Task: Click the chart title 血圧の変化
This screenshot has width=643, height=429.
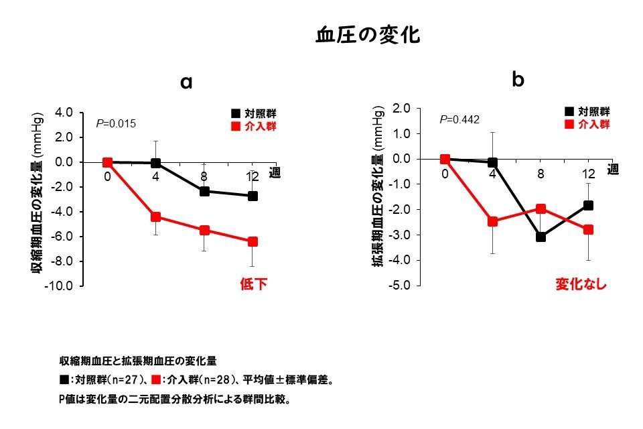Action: tap(368, 36)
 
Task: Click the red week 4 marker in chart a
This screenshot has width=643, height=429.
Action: tap(155, 217)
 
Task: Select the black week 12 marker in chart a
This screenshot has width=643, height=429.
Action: tap(253, 196)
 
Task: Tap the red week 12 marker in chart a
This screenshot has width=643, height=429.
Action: tap(253, 241)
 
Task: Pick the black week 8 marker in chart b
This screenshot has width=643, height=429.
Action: tap(541, 237)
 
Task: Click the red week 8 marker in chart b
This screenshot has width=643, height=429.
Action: tap(541, 209)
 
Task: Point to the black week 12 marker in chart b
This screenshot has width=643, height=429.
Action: tap(588, 206)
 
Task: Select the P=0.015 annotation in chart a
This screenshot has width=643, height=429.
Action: tap(117, 124)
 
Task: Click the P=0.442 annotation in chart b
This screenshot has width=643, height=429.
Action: tap(459, 120)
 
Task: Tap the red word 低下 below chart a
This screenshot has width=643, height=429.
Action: tap(253, 284)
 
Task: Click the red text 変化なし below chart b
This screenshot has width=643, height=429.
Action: tap(581, 284)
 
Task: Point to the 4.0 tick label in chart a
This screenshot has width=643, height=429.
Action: tap(61, 113)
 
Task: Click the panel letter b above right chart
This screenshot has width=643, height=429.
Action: tap(518, 80)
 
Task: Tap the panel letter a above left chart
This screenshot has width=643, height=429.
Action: tap(187, 82)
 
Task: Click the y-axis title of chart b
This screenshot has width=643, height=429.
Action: tap(378, 196)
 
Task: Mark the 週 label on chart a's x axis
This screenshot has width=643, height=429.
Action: tap(275, 172)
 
